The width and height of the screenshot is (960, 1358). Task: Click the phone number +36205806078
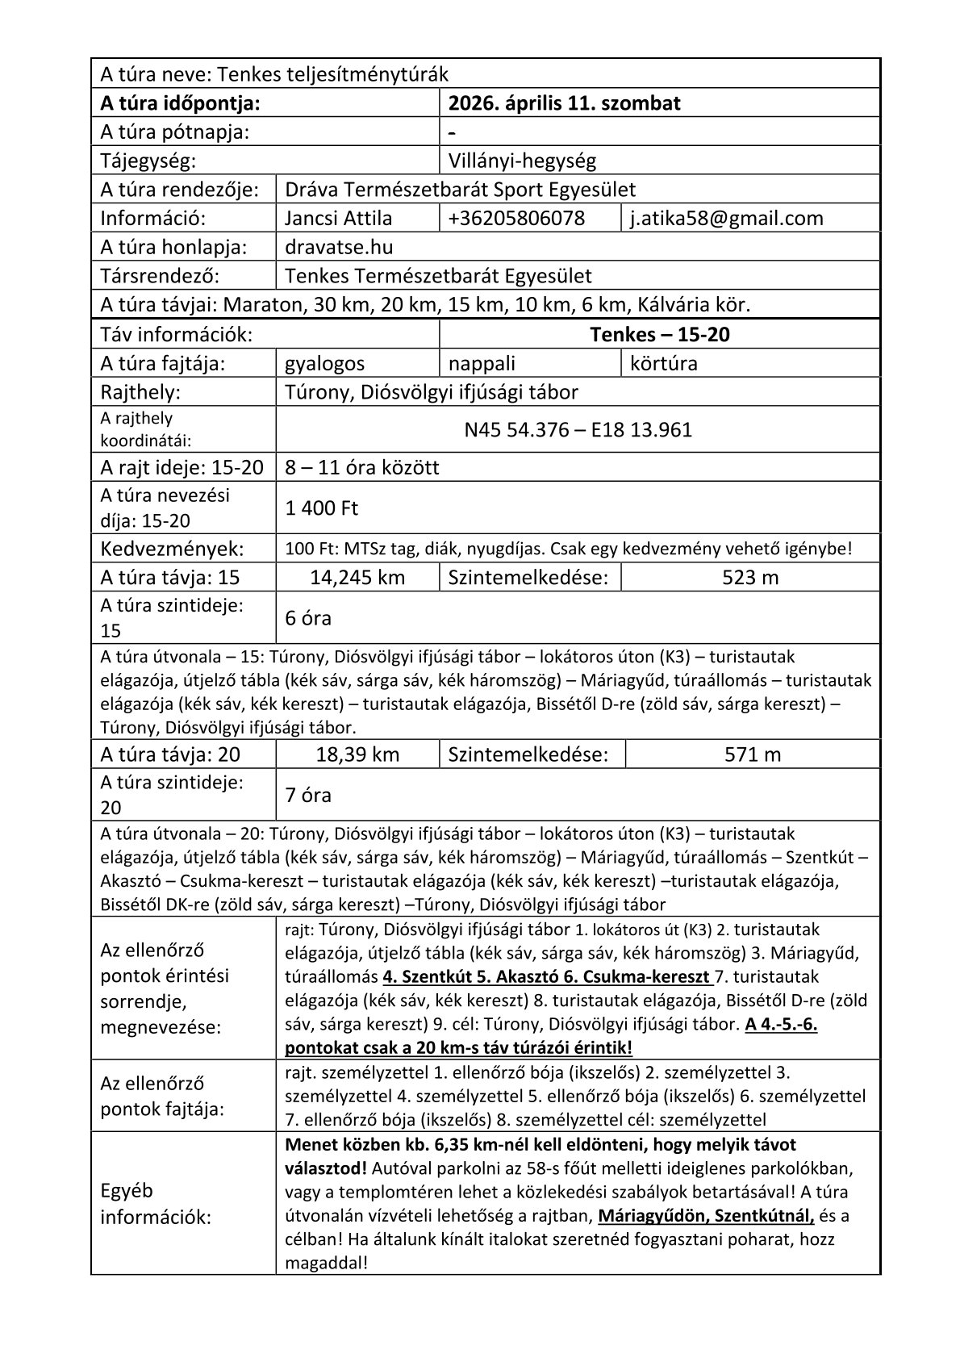coord(517,219)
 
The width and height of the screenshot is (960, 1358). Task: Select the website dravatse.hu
coord(340,247)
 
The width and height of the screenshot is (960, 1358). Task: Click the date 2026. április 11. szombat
coord(565,103)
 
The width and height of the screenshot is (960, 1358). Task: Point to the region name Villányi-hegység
coord(522,161)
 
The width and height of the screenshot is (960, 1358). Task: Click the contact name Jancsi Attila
coord(339,219)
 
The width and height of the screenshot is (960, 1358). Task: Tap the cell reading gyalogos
coord(325,363)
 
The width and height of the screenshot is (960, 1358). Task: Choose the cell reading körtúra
coord(664,363)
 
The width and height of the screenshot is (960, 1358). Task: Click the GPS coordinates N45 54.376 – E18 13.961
coord(578,429)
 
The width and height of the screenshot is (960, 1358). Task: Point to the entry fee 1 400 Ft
coord(322,508)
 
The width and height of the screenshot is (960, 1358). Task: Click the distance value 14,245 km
coord(357,578)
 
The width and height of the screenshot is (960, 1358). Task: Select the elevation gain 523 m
coord(751,578)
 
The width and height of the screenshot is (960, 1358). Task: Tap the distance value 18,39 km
coord(357,754)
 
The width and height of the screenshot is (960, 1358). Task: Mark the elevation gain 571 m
coord(753,754)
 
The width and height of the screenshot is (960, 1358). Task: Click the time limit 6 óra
coord(308,618)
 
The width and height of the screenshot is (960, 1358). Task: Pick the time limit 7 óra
coord(308,795)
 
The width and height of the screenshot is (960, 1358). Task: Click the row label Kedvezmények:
coord(171,549)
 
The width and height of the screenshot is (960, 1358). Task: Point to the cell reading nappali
coord(482,363)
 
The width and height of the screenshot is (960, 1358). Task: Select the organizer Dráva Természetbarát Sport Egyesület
coord(461,190)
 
